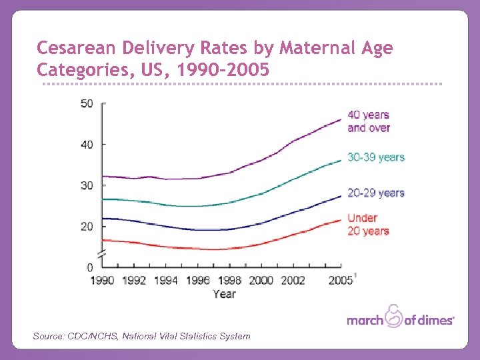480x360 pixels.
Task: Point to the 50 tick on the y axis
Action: point(87,103)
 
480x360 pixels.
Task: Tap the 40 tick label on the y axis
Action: point(87,144)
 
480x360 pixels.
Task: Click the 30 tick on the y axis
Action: point(87,185)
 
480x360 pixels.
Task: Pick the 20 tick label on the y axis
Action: point(87,227)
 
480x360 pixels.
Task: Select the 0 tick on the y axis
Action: point(89,267)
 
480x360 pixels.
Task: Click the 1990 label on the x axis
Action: point(103,281)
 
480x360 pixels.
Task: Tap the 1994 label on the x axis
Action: point(166,281)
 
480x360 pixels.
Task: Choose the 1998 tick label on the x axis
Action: point(229,281)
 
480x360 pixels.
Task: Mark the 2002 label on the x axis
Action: point(292,281)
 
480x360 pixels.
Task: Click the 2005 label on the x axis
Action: point(340,281)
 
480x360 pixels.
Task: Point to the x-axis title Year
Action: point(224,293)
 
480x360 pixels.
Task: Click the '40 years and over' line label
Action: point(369,121)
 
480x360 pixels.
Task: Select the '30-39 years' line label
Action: point(376,157)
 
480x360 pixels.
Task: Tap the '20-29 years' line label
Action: point(376,193)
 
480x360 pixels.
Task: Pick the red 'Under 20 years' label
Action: point(368,225)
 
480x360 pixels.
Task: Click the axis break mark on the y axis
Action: point(101,255)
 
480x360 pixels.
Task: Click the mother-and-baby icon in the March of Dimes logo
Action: point(395,315)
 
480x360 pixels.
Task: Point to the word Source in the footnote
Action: point(48,336)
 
